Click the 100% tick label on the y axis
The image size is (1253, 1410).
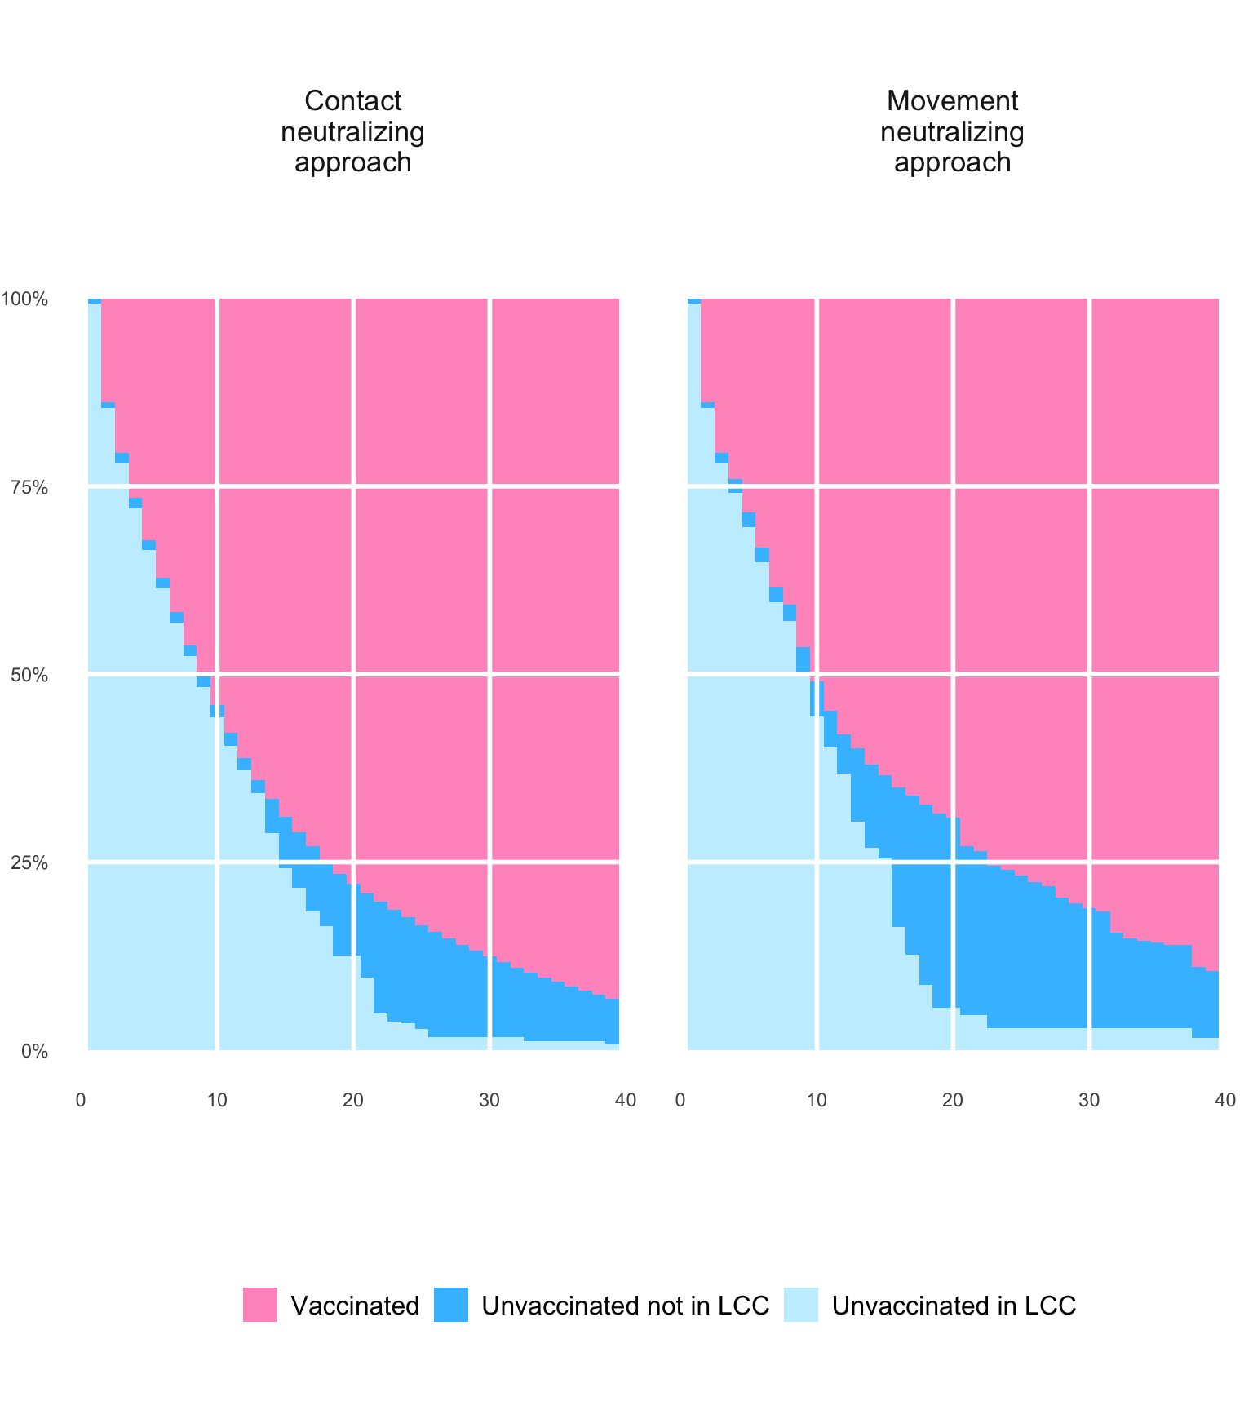pos(24,299)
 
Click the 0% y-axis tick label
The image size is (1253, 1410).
pos(34,1052)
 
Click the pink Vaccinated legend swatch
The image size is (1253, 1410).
pos(260,1305)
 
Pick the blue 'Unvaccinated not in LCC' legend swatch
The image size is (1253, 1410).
pos(451,1305)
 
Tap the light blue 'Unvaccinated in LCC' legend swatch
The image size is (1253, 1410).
pos(801,1305)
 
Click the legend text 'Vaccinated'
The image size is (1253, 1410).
pos(355,1306)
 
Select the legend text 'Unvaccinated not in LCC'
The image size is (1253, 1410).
pos(625,1306)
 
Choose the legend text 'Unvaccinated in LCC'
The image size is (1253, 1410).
pos(954,1306)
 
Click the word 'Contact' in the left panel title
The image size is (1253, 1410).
pos(352,101)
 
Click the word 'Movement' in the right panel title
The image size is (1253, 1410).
pos(952,101)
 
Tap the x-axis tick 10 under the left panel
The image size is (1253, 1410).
pos(217,1100)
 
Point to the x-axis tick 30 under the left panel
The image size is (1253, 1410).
pos(489,1100)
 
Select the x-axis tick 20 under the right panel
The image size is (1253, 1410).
pos(953,1100)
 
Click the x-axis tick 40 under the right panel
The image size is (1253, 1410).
pos(1225,1100)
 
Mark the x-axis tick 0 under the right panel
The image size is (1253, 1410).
pos(680,1100)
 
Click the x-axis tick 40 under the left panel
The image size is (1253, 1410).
pos(626,1100)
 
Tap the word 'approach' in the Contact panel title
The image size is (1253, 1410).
pos(352,162)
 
